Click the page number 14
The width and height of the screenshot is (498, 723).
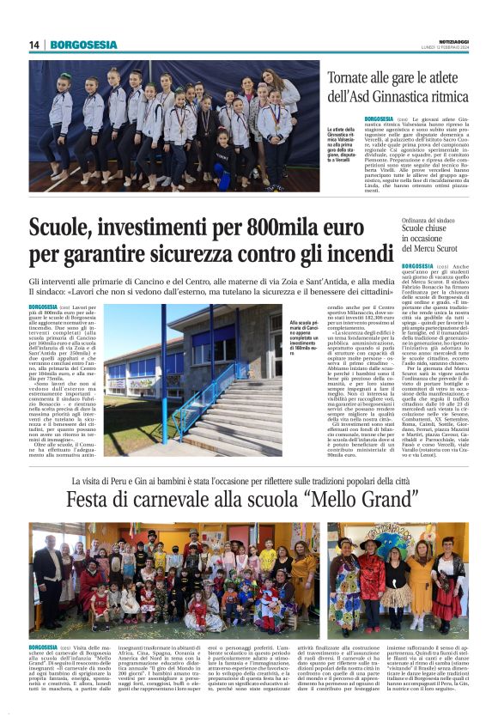tap(34, 45)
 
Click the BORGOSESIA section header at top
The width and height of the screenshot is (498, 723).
tap(83, 45)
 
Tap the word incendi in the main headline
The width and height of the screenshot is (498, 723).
tap(347, 255)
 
